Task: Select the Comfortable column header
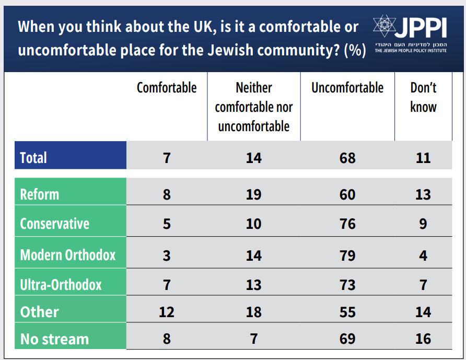tap(167, 88)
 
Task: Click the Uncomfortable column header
tap(347, 88)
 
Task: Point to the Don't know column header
tap(423, 97)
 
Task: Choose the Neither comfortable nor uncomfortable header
tap(254, 107)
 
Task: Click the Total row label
tap(33, 157)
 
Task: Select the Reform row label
tap(40, 194)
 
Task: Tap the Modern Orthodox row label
tap(68, 255)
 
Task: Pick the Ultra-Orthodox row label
tap(61, 285)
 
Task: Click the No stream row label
tap(54, 339)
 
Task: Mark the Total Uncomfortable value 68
tap(347, 158)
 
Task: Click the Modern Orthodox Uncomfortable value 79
tap(347, 256)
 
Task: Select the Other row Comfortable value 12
tap(167, 312)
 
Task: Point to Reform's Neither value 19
tap(254, 195)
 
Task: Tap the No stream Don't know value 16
tap(423, 339)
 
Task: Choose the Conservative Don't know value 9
tap(423, 224)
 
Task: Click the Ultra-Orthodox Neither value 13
tap(254, 285)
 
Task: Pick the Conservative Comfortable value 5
tap(167, 224)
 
